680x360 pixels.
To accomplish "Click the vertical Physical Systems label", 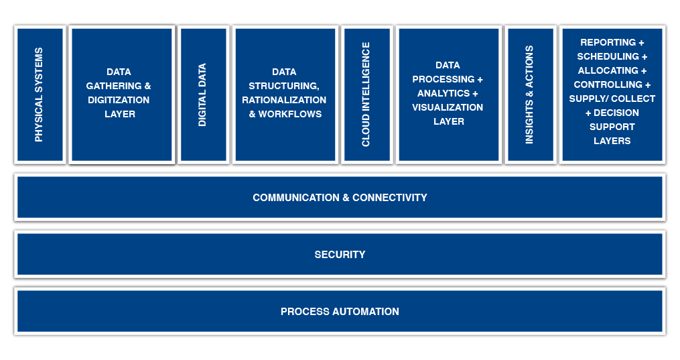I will (39, 95).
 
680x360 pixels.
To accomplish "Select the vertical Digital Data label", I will (202, 95).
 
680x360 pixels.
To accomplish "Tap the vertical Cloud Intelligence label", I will (366, 95).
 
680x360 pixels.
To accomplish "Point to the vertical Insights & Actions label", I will (529, 95).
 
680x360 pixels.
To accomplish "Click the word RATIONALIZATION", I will (284, 100).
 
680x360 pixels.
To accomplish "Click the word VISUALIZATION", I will (448, 107).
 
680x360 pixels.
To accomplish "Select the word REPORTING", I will (607, 42).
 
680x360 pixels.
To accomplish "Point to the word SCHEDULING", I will (608, 56).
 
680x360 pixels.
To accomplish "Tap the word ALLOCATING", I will (608, 70).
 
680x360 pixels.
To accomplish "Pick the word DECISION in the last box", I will (616, 113).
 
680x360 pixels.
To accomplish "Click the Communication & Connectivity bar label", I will (340, 198).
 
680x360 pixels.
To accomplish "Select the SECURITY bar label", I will (340, 255).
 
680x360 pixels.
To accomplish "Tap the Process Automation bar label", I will (340, 312).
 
